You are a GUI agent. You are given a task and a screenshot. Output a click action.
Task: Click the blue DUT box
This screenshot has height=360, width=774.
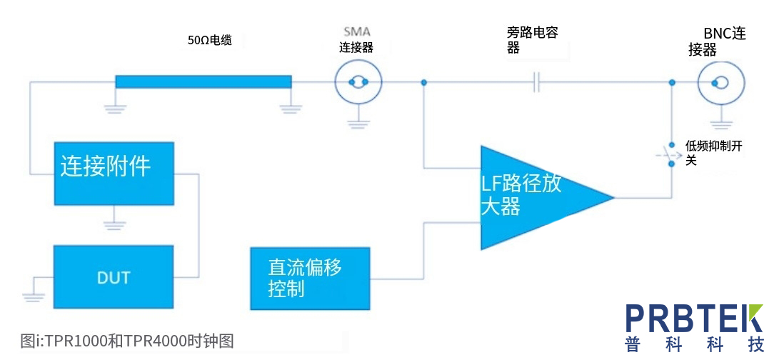pyautogui.click(x=113, y=276)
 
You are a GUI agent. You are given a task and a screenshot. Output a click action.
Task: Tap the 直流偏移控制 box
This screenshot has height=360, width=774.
pyautogui.click(x=310, y=278)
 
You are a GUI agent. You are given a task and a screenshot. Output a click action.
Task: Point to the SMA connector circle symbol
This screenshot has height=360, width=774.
pyautogui.click(x=358, y=83)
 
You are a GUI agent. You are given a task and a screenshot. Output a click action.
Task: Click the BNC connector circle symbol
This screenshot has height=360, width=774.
pyautogui.click(x=720, y=83)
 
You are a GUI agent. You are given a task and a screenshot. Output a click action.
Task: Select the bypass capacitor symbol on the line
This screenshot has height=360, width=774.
pyautogui.click(x=537, y=83)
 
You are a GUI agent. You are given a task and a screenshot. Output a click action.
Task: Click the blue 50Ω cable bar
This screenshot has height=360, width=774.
pyautogui.click(x=203, y=81)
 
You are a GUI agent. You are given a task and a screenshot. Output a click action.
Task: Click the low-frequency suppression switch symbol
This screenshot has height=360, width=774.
pyautogui.click(x=670, y=154)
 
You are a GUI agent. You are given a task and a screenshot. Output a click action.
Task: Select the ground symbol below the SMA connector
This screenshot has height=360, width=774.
pyautogui.click(x=358, y=122)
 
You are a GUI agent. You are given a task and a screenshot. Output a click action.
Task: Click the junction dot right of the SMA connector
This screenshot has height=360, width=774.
pyautogui.click(x=424, y=83)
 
